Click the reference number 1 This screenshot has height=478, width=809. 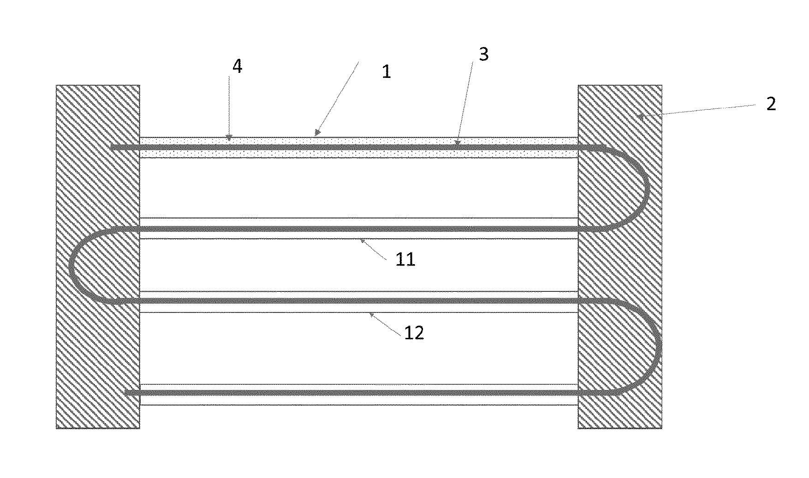click(387, 72)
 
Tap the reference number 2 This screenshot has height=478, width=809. click(771, 104)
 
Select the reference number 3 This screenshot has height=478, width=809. click(483, 54)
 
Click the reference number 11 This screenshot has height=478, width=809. click(405, 260)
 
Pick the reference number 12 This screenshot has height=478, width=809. click(414, 333)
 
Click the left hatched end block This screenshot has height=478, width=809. click(98, 257)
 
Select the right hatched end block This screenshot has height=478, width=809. click(620, 257)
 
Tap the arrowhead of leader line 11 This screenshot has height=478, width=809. click(363, 240)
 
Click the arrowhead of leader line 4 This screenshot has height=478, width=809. click(229, 137)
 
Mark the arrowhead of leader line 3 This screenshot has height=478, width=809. click(457, 143)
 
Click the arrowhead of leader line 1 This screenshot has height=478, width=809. click(317, 134)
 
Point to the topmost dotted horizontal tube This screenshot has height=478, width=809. click(358, 148)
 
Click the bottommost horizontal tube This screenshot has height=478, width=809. click(358, 395)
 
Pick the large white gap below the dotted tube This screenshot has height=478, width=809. click(358, 188)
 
